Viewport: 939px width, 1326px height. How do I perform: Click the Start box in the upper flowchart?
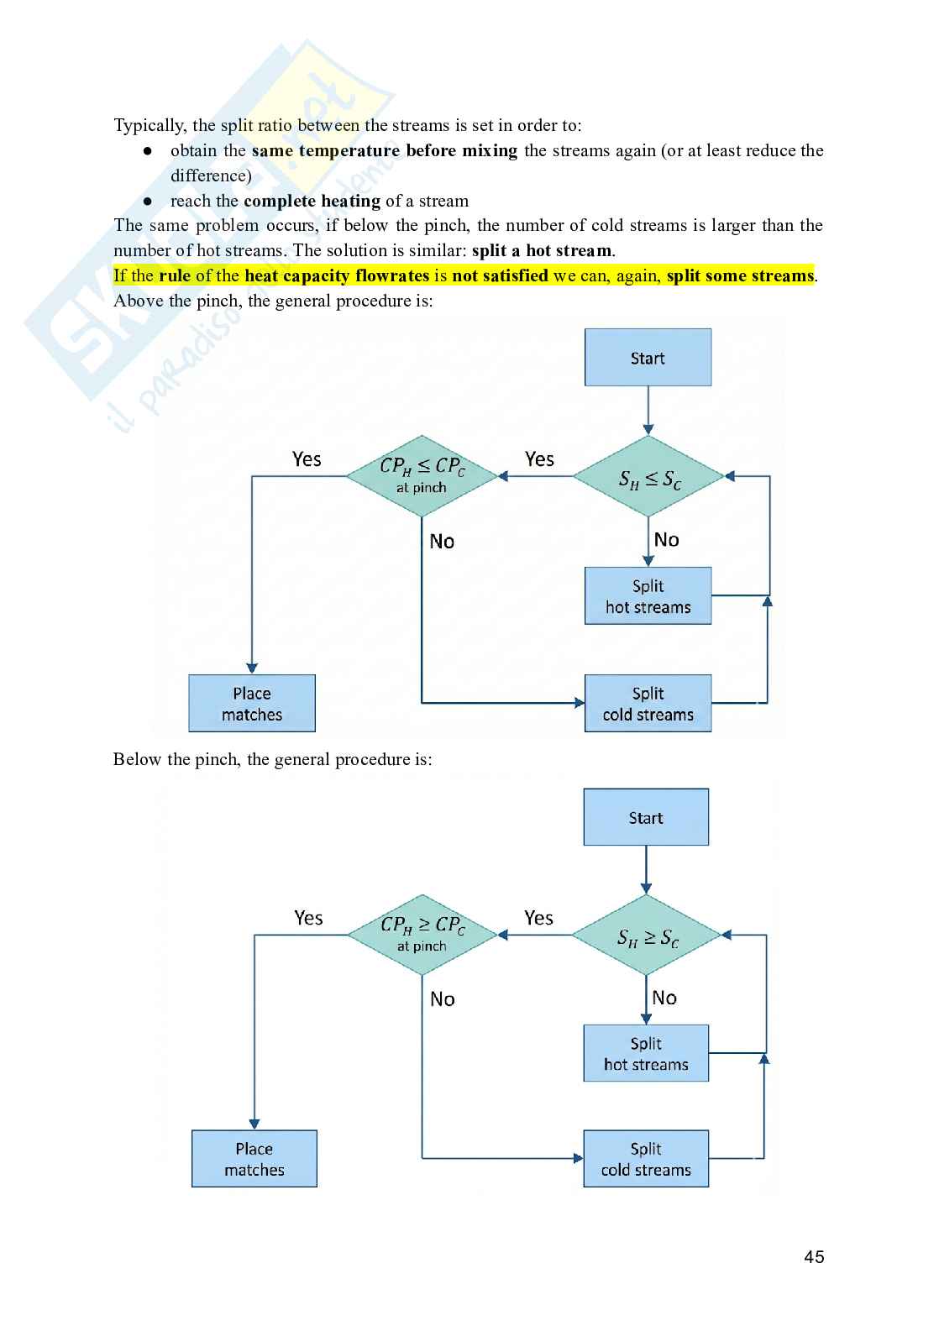[x=648, y=358]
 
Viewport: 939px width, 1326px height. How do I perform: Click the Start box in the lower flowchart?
[x=646, y=817]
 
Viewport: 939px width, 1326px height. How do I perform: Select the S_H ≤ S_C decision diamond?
[x=648, y=477]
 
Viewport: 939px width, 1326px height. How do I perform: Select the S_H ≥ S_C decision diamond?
[x=647, y=936]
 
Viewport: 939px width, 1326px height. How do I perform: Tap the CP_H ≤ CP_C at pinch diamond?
[x=422, y=475]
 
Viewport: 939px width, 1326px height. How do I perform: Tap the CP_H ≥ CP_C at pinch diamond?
[x=422, y=934]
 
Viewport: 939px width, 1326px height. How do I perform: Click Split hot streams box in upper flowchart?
[x=648, y=596]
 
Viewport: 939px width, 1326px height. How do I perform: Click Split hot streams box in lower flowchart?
[x=646, y=1053]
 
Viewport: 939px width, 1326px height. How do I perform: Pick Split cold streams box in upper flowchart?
[x=648, y=704]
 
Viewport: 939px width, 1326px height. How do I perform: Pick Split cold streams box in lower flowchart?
[x=646, y=1159]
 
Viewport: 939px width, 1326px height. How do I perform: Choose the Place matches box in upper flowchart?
[x=252, y=704]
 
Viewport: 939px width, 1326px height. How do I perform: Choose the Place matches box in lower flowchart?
[x=254, y=1159]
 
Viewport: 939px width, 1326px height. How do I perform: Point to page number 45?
[x=814, y=1257]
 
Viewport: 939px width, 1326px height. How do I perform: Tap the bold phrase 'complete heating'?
[x=312, y=201]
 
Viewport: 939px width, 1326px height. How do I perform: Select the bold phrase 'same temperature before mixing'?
[x=384, y=151]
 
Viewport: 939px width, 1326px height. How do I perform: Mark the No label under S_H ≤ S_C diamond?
[x=666, y=540]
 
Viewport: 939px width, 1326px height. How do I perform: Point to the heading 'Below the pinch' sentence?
[x=272, y=760]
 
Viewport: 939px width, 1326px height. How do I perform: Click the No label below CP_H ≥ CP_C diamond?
[x=442, y=999]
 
